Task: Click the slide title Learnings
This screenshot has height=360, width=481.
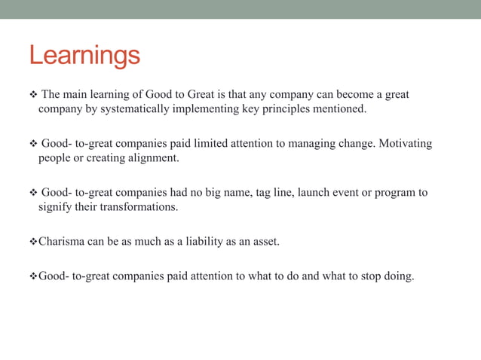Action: click(84, 56)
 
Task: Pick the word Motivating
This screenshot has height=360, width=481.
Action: click(404, 144)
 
